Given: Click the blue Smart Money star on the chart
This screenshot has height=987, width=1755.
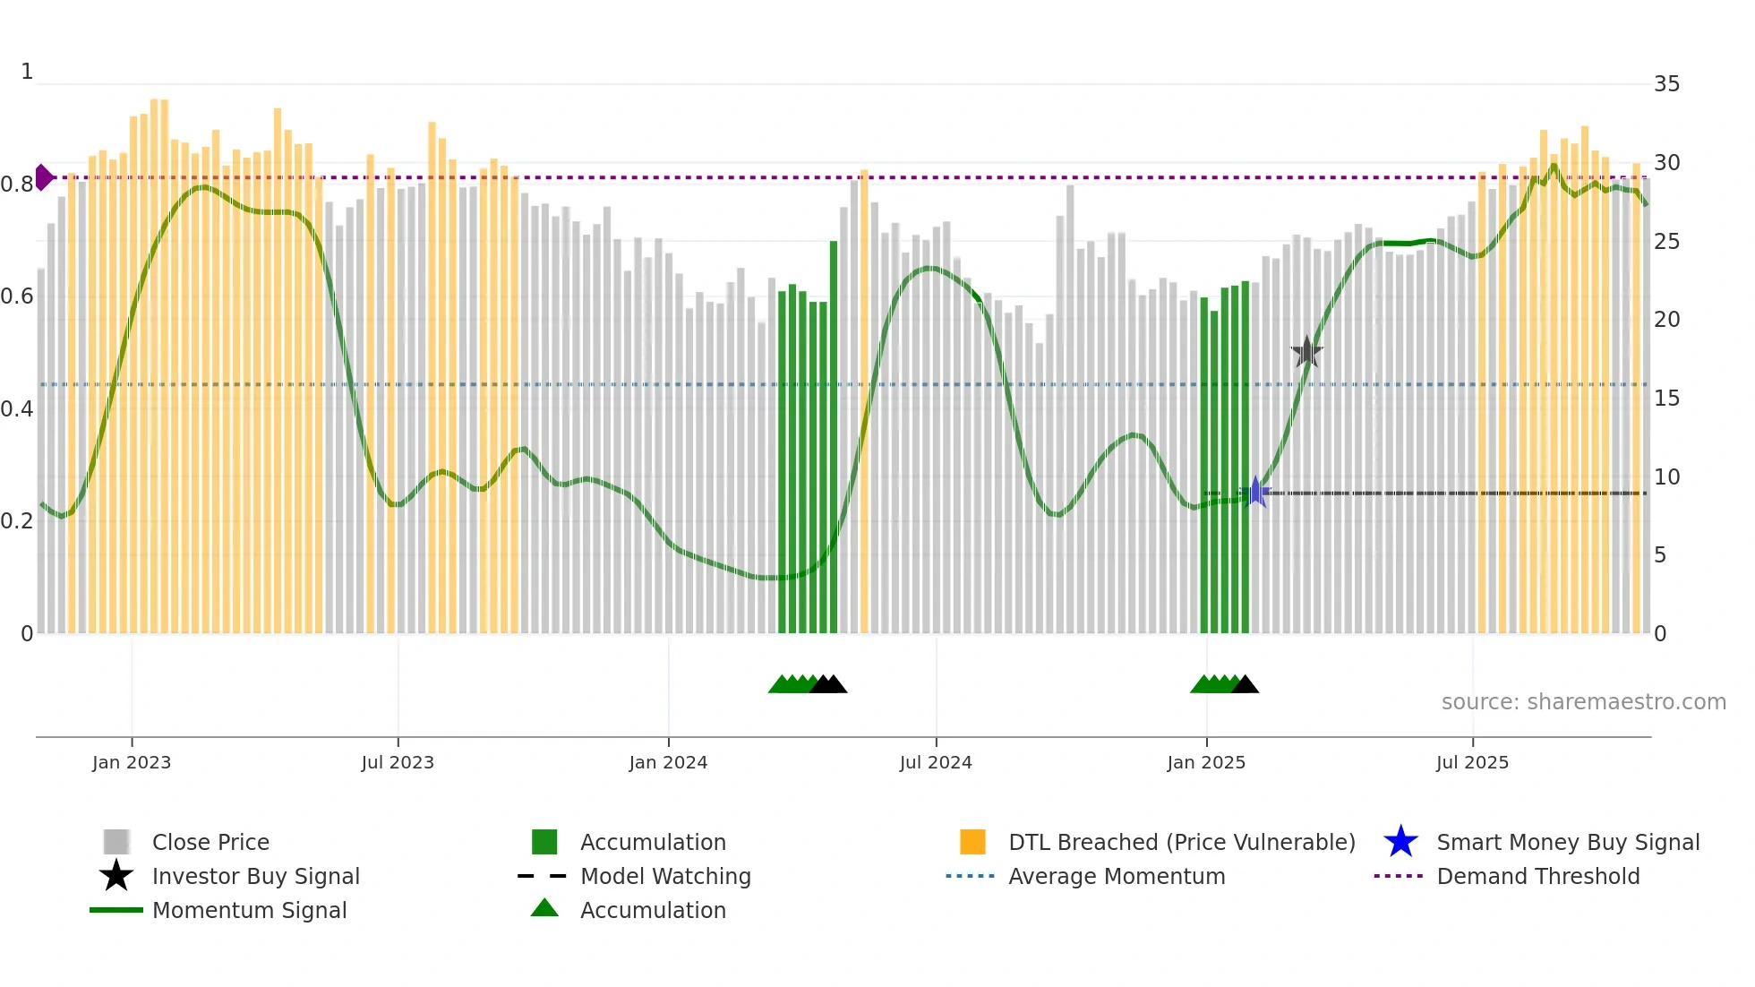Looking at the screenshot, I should [x=1255, y=492].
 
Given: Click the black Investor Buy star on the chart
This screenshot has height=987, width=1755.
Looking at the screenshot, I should [x=1306, y=352].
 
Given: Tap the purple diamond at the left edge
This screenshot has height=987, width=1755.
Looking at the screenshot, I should [x=43, y=177].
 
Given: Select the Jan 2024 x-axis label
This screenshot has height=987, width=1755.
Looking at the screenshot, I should [x=668, y=762].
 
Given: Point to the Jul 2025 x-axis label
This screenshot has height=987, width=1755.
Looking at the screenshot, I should [x=1472, y=762].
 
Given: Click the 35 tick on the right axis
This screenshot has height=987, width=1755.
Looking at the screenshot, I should [x=1666, y=84].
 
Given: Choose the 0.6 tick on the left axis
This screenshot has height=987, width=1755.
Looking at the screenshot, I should [x=16, y=296].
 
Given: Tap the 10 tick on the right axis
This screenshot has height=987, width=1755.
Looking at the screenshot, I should [x=1666, y=477].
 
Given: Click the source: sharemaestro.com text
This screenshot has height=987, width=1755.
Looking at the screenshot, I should [x=1583, y=702].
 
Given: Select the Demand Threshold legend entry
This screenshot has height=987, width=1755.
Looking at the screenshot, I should [x=1537, y=876].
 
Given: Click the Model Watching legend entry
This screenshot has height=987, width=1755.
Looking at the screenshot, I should [x=664, y=876].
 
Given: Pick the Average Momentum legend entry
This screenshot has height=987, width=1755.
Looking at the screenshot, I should [x=1116, y=876].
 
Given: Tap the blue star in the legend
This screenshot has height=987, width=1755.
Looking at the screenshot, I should [x=1400, y=842].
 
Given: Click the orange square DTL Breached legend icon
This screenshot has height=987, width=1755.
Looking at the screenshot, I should [x=972, y=842].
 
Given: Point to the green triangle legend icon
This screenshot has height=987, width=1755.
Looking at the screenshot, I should [x=544, y=909].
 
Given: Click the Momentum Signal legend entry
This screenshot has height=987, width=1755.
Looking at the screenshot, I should [x=249, y=910].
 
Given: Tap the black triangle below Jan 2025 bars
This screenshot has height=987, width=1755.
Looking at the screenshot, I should [x=1245, y=685].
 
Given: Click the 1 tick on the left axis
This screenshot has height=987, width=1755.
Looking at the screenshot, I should [x=27, y=72].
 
